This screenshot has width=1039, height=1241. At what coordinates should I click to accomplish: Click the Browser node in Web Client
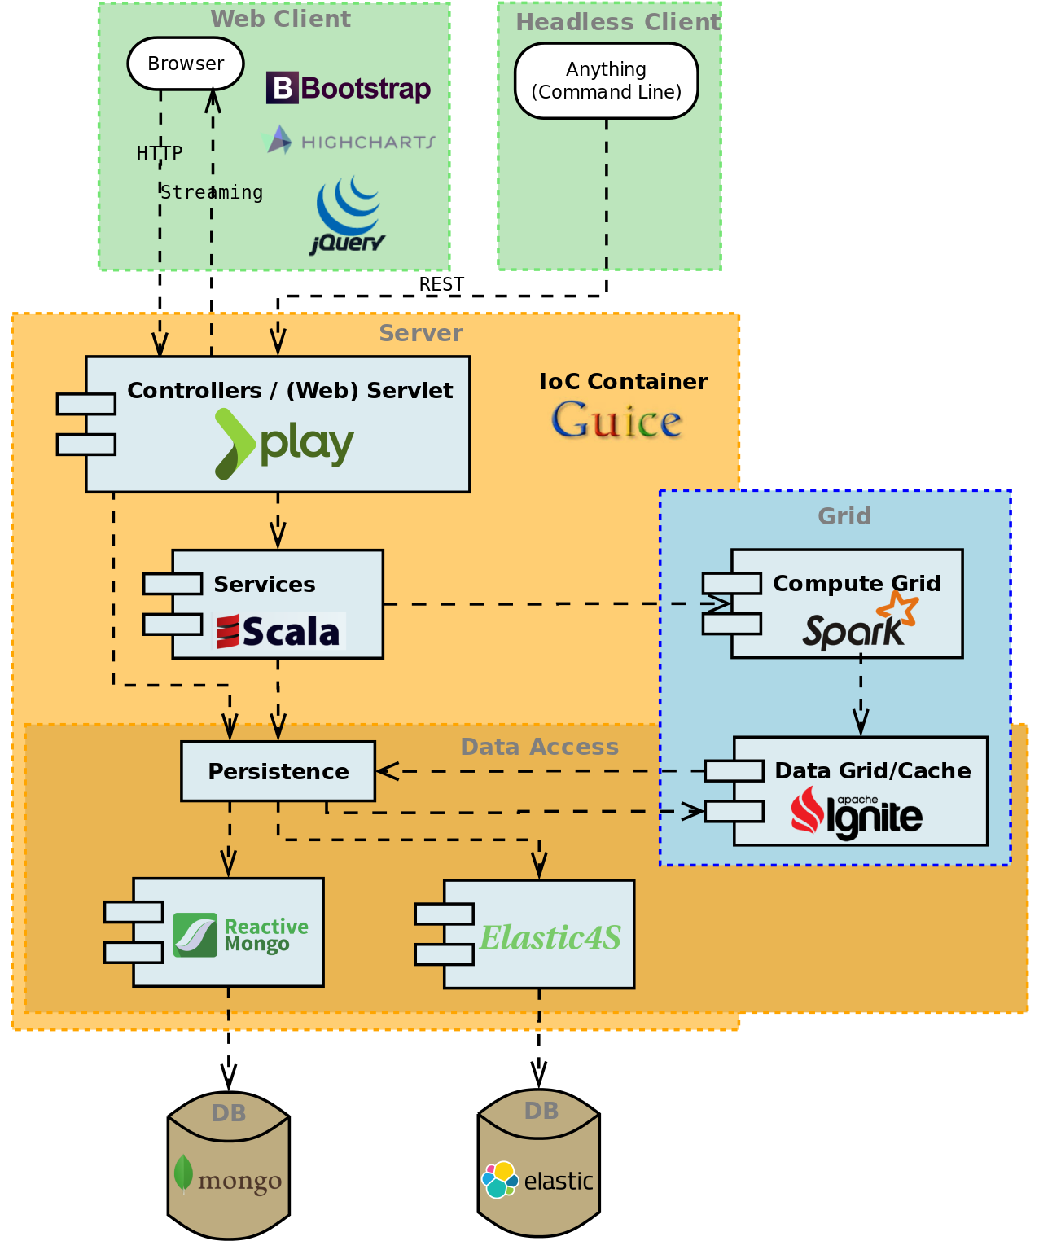coord(186,64)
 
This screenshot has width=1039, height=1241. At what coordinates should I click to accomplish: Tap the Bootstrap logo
coord(349,88)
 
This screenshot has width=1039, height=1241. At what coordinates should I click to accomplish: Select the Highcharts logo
coord(351,141)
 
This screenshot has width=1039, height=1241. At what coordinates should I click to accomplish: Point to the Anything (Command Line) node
coord(606,81)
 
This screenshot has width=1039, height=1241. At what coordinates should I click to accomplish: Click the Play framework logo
coord(284,444)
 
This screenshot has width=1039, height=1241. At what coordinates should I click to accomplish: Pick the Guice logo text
coord(616,421)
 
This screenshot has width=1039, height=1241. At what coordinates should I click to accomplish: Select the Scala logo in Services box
coord(278,632)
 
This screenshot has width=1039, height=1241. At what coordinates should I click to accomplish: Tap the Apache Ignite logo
coord(856,812)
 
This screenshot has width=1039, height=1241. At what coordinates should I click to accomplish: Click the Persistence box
coord(278,771)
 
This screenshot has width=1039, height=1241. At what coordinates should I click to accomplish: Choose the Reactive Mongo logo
coord(241,935)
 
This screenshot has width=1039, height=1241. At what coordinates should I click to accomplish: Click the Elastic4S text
coord(550,937)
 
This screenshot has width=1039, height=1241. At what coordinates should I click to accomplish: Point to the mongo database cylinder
coord(229,1165)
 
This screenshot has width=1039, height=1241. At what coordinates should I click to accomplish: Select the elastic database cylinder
coord(539,1164)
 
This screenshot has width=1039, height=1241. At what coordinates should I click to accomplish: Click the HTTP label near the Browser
coord(160,153)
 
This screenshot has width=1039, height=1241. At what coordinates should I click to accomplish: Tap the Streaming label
coord(212,193)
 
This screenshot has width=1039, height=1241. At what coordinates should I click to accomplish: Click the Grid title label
coord(844,516)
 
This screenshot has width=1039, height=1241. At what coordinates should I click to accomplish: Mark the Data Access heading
coord(539,747)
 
